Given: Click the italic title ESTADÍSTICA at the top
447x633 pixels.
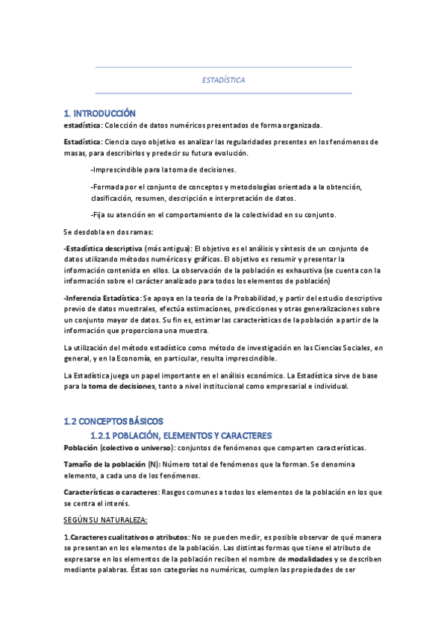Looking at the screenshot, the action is coord(224,80).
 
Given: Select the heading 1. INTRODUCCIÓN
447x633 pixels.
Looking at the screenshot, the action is coord(100,113).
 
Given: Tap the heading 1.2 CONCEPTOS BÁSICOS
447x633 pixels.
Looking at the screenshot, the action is coord(113,422).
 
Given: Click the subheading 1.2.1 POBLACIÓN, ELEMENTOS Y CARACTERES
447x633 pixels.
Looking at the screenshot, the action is coord(181,435).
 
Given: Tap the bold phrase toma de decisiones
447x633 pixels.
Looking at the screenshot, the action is coord(122,387).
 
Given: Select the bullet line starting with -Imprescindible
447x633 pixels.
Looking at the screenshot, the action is coord(163,169).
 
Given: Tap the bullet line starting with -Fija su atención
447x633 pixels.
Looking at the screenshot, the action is coord(213,215).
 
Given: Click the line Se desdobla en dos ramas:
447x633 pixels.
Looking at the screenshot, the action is coord(108,231).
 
